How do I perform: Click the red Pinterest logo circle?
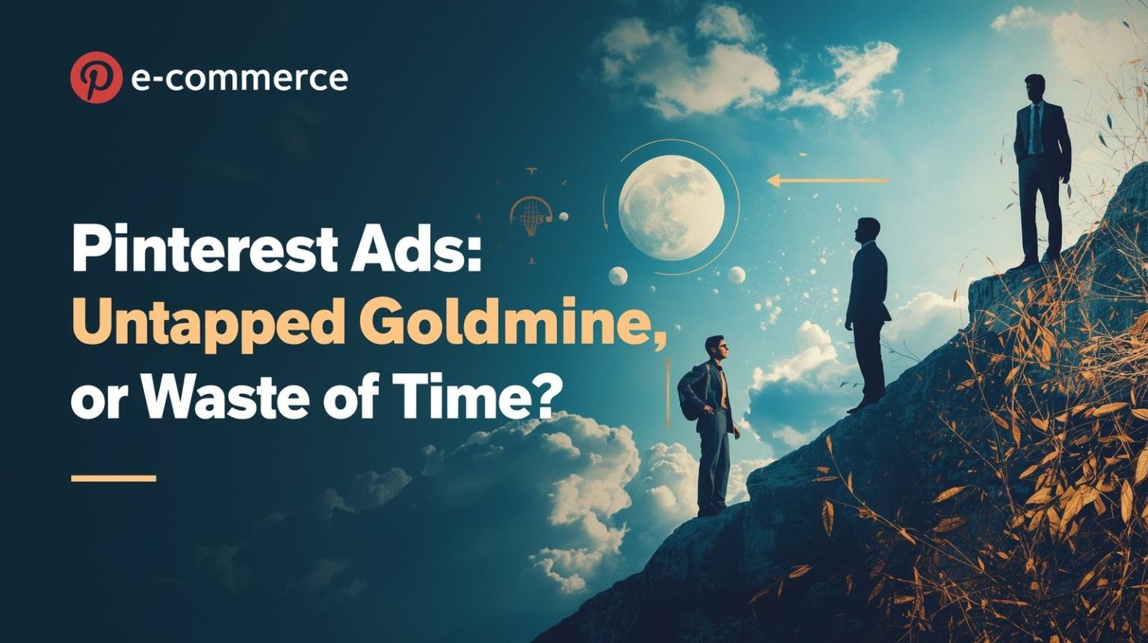coord(96,78)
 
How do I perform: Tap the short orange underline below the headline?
coord(114,478)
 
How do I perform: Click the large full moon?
coord(671,207)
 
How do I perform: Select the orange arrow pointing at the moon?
coord(827,180)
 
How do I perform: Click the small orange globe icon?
coord(530,213)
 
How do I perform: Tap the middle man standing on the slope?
coord(867,314)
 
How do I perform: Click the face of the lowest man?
coord(716,348)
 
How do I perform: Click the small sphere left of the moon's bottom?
coord(618,276)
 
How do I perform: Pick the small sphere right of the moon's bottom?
coord(736,275)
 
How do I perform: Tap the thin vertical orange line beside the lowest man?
coord(667,393)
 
